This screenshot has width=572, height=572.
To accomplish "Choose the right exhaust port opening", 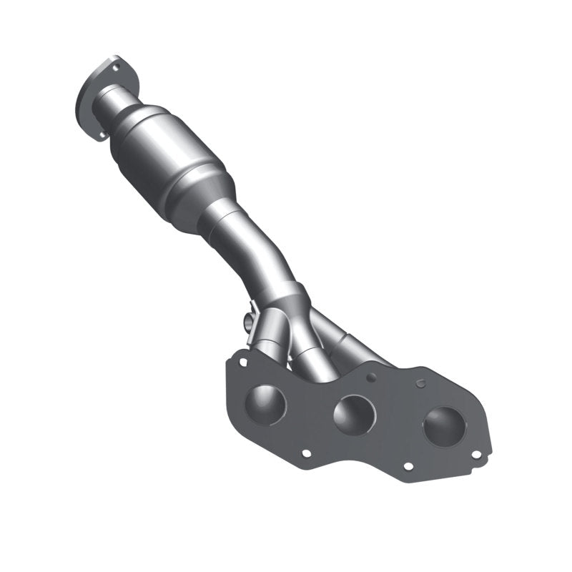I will (x=443, y=425).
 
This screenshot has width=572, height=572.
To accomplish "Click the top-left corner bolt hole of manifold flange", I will (x=242, y=362).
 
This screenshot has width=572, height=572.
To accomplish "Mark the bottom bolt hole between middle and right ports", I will (x=408, y=465).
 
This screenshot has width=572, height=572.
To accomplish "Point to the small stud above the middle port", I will (x=370, y=374).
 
